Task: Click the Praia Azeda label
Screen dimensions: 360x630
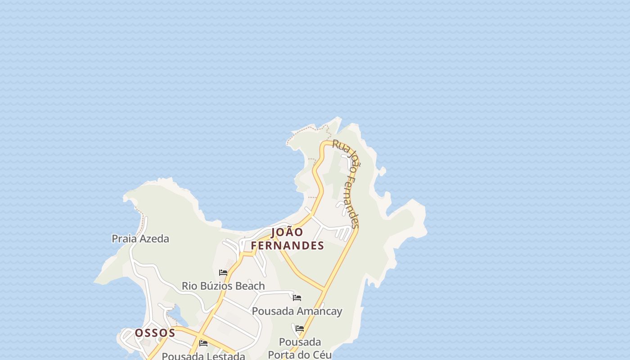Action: click(x=140, y=238)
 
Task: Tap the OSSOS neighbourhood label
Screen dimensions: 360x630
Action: click(x=155, y=333)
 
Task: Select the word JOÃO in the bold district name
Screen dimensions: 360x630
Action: click(x=287, y=232)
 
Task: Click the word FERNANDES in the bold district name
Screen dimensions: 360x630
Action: click(x=287, y=246)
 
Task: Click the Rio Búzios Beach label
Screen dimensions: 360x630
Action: click(x=223, y=286)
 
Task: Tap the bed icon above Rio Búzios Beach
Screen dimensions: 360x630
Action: click(x=223, y=273)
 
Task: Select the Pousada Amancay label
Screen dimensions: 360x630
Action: click(x=297, y=311)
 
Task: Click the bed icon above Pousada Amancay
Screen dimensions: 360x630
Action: click(x=297, y=298)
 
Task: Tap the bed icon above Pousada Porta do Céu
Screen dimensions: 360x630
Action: click(x=300, y=328)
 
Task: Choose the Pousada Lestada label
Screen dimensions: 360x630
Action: click(x=203, y=356)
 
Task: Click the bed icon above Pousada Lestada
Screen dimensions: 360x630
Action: click(x=203, y=343)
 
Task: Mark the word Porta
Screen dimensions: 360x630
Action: click(x=283, y=355)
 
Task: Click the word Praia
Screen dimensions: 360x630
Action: click(x=124, y=238)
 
